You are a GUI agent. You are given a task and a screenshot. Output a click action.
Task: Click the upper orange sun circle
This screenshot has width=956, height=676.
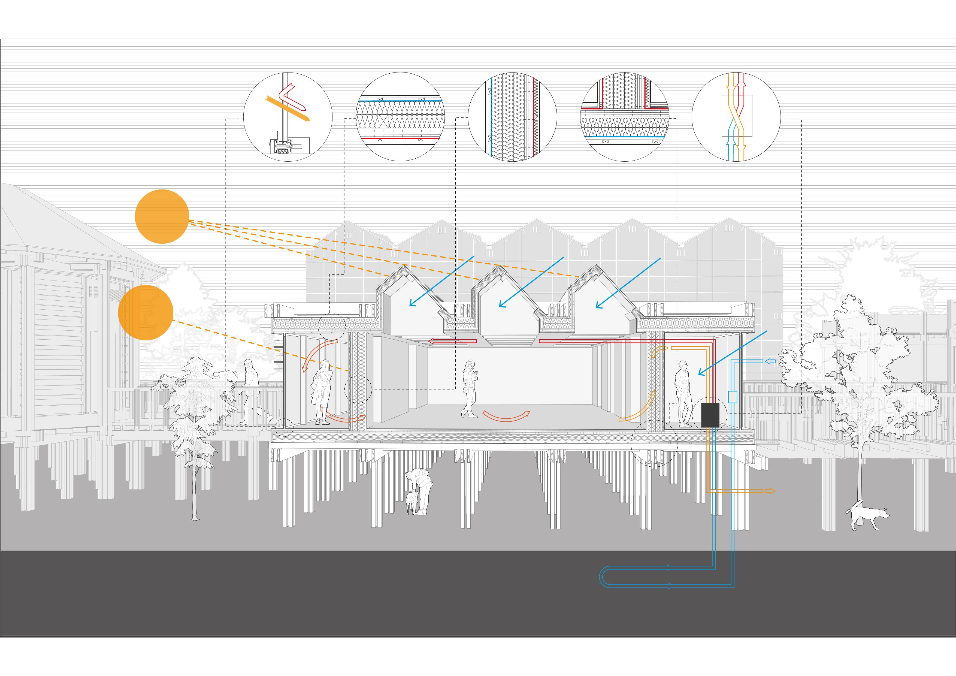(x=162, y=216)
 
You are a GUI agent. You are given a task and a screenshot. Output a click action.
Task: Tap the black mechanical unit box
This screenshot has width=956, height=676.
(x=710, y=415)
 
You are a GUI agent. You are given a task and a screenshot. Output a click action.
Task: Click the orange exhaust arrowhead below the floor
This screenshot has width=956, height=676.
(x=770, y=491)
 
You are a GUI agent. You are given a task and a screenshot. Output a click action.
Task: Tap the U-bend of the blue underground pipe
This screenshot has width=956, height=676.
(x=602, y=577)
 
